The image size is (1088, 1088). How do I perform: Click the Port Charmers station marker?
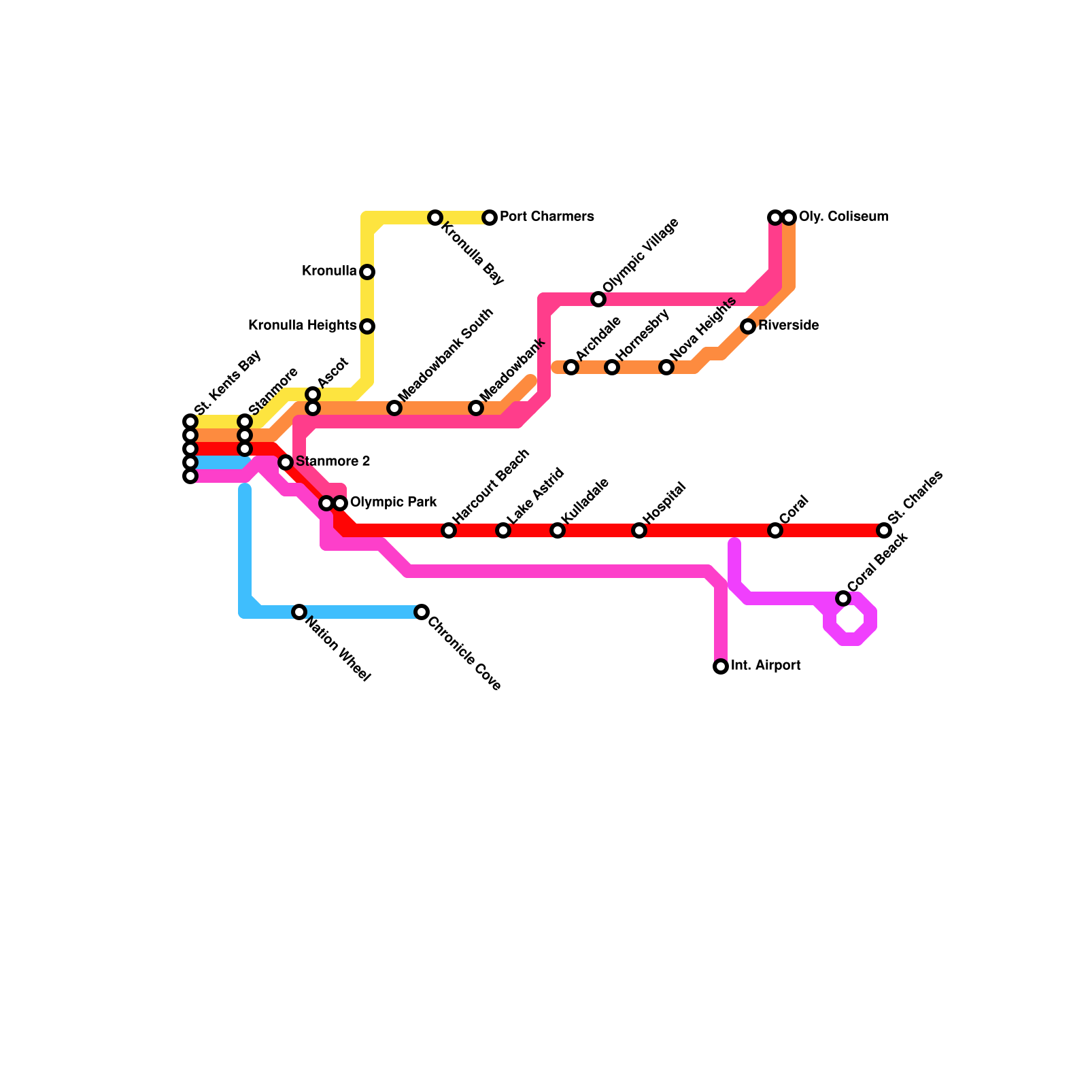coord(490,218)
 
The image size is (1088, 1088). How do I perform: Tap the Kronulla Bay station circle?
coord(435,218)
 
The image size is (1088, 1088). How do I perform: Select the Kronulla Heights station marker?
coord(367,326)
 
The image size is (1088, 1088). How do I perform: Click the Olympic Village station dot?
coord(598,299)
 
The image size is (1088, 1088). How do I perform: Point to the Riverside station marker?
coord(748,326)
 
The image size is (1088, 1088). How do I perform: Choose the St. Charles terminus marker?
coord(884,530)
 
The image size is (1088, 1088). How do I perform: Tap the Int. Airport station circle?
coord(721,666)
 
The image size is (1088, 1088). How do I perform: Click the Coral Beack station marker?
coord(843,598)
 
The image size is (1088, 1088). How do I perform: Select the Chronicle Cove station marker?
coord(422,612)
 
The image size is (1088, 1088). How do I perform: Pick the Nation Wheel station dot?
coord(299,612)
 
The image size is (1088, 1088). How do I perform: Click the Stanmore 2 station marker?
coord(286,462)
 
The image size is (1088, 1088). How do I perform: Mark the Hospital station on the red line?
coord(639,530)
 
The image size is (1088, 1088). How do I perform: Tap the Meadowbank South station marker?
coord(394,408)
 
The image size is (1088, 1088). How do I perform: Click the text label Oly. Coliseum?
coord(843,217)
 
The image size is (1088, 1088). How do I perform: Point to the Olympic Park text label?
coord(393,503)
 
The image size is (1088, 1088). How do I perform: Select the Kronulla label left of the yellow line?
coord(329,271)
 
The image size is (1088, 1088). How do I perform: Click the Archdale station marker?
coord(571,367)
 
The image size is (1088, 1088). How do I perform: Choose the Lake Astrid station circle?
coord(503,530)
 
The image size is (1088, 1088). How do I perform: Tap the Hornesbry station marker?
coord(612,367)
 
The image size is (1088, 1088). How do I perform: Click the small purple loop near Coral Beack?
coord(851,619)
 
